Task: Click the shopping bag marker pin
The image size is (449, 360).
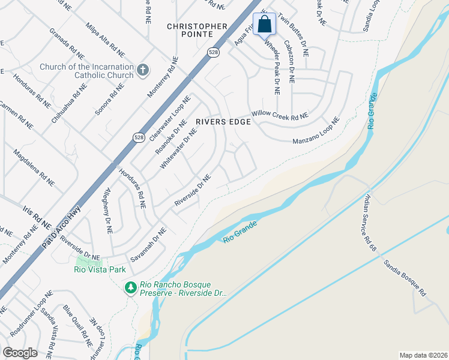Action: pos(265,25)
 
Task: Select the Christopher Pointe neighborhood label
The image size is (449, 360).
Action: pos(197,31)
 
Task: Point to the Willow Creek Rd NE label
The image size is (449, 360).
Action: pos(280,114)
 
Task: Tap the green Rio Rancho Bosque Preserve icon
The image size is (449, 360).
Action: pos(130,289)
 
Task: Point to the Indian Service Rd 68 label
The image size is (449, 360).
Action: pos(369,221)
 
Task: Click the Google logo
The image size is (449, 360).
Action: pos(20,353)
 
